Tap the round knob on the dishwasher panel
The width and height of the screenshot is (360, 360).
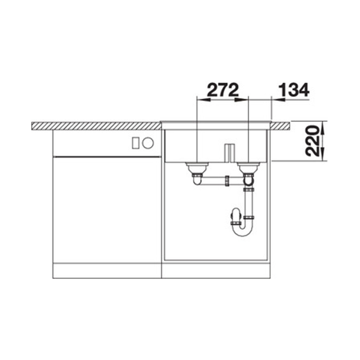tap(148, 143)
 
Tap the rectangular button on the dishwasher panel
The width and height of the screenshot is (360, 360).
tap(135, 143)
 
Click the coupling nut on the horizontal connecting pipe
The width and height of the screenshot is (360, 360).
tap(227, 181)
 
